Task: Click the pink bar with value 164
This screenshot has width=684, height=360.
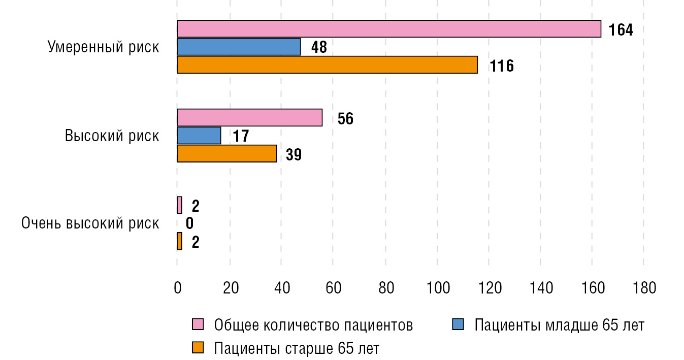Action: [388, 29]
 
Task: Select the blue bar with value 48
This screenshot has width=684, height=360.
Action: [239, 47]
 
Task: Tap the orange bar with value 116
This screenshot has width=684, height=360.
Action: [327, 65]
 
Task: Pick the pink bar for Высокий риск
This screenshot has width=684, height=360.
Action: [249, 118]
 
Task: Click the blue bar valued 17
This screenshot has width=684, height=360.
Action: [199, 136]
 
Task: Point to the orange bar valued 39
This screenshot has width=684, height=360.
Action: [226, 154]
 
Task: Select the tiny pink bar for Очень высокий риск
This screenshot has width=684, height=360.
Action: [179, 205]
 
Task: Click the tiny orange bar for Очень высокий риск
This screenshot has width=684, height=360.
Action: [179, 241]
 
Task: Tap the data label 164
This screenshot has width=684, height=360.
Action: [621, 30]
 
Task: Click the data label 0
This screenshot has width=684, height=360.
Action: [189, 223]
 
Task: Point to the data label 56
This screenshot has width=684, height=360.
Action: [345, 119]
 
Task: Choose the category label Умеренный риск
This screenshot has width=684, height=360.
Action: [103, 48]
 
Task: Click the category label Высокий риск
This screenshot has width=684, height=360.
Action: [112, 136]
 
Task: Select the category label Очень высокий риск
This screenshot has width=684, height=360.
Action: [90, 223]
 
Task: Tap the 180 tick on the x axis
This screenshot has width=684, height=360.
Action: [644, 288]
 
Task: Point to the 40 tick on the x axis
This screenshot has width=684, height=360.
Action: [282, 288]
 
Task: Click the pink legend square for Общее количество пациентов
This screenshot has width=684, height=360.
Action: [198, 324]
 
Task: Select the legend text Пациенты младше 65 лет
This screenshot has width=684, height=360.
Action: [559, 325]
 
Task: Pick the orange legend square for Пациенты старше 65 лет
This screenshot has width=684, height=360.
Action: [198, 348]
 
